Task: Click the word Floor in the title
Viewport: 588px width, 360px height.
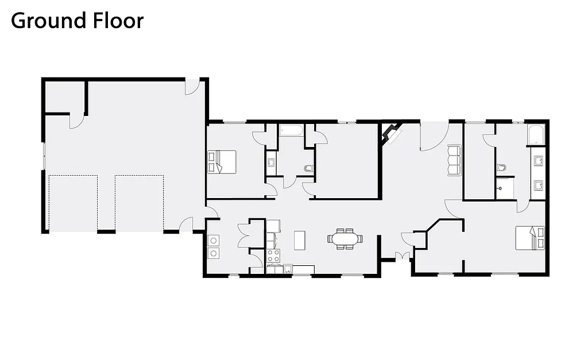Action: [118, 21]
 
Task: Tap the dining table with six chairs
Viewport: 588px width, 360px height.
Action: [345, 238]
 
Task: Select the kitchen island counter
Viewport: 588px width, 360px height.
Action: [299, 241]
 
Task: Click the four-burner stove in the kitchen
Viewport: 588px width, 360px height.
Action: [273, 256]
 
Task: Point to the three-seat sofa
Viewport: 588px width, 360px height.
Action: [454, 161]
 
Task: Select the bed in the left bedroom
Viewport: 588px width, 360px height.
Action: [222, 161]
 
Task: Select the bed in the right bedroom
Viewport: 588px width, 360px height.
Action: [530, 238]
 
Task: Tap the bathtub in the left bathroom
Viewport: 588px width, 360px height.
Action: [291, 130]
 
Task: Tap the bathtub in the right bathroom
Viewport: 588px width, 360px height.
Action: [536, 134]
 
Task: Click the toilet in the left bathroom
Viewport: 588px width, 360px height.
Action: [308, 168]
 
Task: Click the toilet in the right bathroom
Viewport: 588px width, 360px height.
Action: [501, 167]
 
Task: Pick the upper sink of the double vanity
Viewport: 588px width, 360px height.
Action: [539, 161]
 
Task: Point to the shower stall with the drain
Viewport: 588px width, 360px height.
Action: [505, 188]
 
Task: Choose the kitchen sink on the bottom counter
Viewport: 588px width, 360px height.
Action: [288, 269]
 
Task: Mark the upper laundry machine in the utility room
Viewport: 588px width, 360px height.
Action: [214, 241]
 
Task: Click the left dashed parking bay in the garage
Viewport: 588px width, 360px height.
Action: [73, 203]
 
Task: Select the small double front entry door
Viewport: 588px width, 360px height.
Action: [402, 256]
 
